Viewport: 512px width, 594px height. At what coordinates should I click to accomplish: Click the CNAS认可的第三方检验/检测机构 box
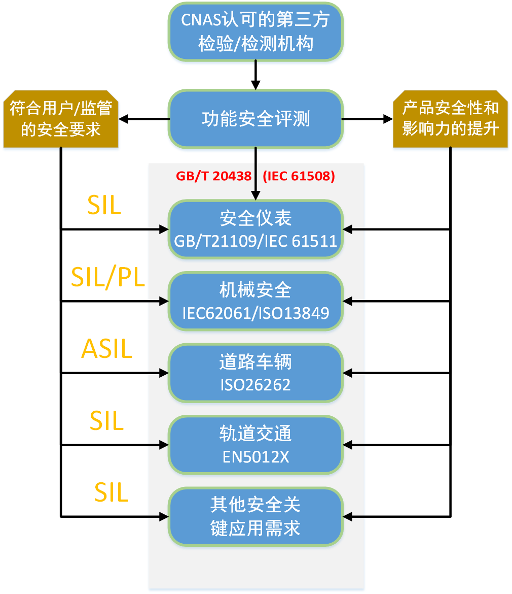[x=255, y=31]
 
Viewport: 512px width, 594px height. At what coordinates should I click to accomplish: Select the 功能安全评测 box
[x=255, y=119]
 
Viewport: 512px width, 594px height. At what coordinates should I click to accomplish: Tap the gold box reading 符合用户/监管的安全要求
[x=61, y=119]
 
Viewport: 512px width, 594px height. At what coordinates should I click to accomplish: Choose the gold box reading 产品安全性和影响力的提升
[x=450, y=119]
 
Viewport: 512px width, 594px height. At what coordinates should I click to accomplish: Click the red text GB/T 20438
[x=214, y=176]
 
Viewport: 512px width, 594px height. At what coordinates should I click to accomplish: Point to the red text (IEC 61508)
[x=299, y=176]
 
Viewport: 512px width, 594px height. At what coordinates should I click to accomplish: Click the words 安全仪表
[x=255, y=218]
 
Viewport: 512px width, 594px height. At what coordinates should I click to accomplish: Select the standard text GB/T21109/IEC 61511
[x=255, y=240]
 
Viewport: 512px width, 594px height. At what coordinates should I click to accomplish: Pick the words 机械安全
[x=255, y=290]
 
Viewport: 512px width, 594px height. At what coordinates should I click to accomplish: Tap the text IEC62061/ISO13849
[x=255, y=312]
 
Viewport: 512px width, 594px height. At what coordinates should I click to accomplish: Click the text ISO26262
[x=255, y=384]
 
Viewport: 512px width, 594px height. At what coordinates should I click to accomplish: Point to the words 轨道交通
[x=255, y=434]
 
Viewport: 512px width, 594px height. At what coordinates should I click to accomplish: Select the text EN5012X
[x=255, y=456]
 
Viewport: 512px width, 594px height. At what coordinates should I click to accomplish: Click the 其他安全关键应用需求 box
[x=255, y=516]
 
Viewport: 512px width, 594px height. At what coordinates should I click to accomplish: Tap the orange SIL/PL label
[x=107, y=278]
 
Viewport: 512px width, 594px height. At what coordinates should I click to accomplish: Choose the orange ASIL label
[x=106, y=349]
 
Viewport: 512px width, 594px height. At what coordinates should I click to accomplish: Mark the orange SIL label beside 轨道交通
[x=106, y=421]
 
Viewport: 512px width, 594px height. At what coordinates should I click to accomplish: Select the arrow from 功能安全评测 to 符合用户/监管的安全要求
[x=144, y=119]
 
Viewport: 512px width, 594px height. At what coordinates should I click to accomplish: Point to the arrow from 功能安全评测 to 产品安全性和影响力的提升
[x=368, y=119]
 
